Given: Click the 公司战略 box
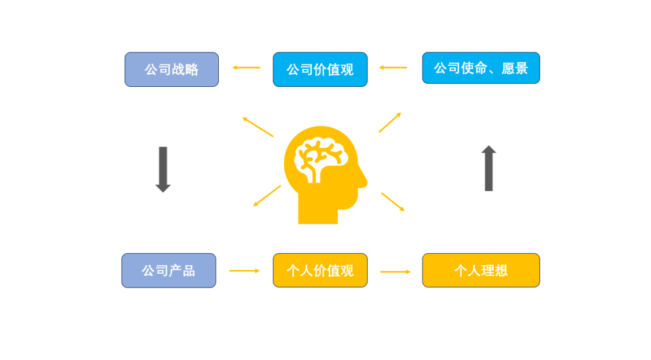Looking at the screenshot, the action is [x=171, y=69].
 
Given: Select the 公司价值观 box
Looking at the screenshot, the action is [x=320, y=69].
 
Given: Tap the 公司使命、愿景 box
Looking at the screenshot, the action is [x=481, y=68].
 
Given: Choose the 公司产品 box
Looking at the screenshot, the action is [x=169, y=270].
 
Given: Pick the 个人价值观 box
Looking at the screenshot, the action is [x=320, y=270].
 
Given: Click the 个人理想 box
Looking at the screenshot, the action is [x=481, y=270].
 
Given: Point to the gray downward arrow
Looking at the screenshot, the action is [x=163, y=169].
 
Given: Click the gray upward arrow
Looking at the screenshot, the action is [x=489, y=168].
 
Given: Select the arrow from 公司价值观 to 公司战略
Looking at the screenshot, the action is [x=246, y=68].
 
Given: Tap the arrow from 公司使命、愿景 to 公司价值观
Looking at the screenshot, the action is [x=393, y=68].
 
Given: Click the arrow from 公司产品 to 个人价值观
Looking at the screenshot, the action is [x=245, y=271].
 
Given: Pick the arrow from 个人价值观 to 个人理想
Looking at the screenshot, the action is [x=395, y=271].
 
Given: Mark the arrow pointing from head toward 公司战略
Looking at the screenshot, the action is [x=258, y=127].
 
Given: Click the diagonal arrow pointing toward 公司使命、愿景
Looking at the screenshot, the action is [x=390, y=122].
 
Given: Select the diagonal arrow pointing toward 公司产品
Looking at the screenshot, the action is [x=267, y=195].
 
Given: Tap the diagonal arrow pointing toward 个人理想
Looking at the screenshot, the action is [x=393, y=202].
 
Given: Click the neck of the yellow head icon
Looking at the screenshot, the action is [x=318, y=214].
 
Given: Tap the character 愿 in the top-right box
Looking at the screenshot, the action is [x=508, y=68].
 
